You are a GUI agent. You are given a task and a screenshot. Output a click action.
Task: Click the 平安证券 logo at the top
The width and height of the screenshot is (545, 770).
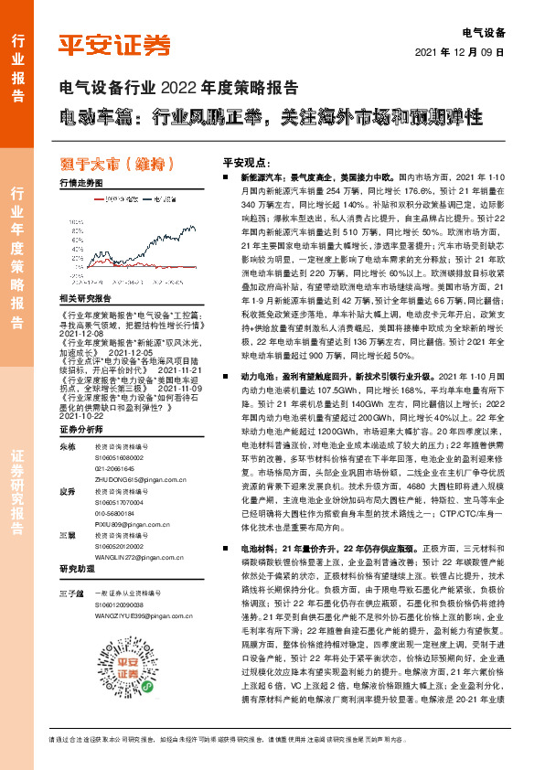[x=114, y=43]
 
